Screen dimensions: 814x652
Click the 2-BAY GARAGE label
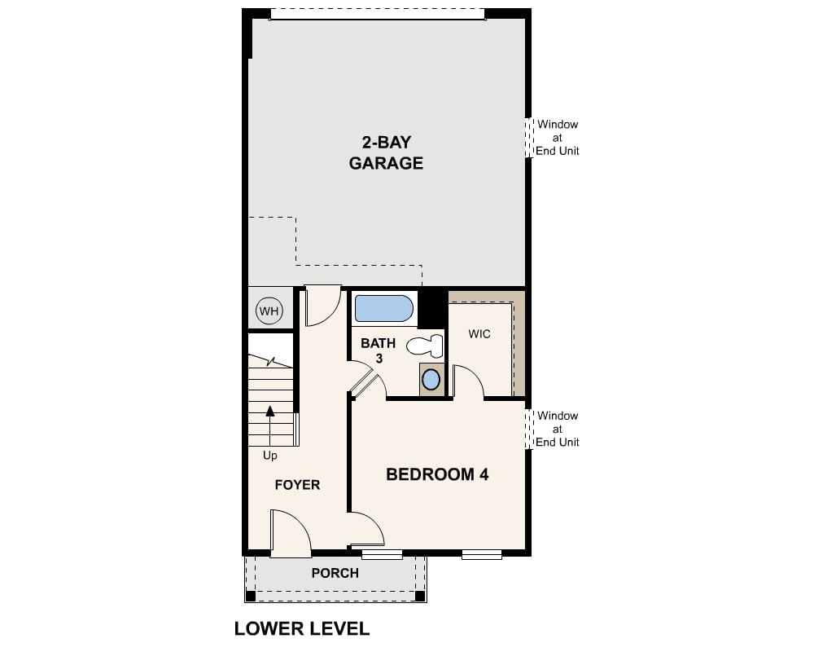pyautogui.click(x=386, y=152)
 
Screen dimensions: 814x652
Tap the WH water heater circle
pyautogui.click(x=269, y=311)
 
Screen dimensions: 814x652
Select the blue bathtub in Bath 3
pyautogui.click(x=383, y=309)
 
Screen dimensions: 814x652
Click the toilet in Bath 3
pyautogui.click(x=425, y=346)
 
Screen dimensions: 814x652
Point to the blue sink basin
pyautogui.click(x=431, y=379)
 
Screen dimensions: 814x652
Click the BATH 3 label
pyautogui.click(x=379, y=350)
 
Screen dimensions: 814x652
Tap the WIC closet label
pyautogui.click(x=479, y=334)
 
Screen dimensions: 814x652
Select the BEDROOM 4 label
pyautogui.click(x=437, y=474)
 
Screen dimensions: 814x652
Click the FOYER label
pyautogui.click(x=297, y=485)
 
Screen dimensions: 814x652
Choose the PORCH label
pyautogui.click(x=335, y=573)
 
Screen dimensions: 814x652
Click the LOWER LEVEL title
pyautogui.click(x=302, y=628)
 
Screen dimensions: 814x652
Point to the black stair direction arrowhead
pyautogui.click(x=270, y=412)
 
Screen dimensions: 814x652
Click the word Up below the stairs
pyautogui.click(x=270, y=456)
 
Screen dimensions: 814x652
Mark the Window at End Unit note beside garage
pyautogui.click(x=557, y=138)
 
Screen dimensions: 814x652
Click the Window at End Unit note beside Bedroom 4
pyautogui.click(x=557, y=429)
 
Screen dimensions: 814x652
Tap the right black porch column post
pyautogui.click(x=420, y=597)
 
